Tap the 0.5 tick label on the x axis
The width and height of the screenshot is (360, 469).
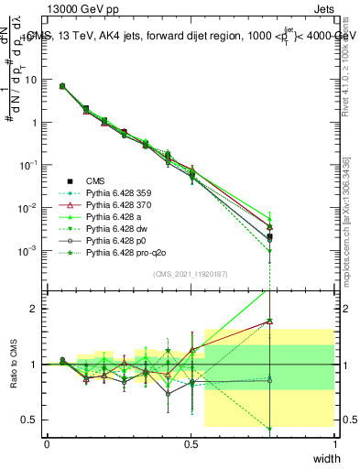point(191,442)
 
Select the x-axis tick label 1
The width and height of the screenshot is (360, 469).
point(334,442)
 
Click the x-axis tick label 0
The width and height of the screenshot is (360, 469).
point(47,442)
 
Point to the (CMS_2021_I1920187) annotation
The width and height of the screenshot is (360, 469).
point(191,274)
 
